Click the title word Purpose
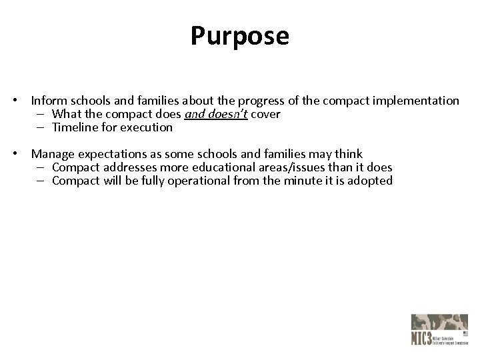tap(240, 36)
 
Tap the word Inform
tap(48, 101)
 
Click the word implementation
tap(416, 101)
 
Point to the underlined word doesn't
tap(227, 114)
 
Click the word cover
tap(266, 114)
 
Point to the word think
tap(347, 154)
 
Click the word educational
tap(219, 167)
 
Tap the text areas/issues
tap(291, 167)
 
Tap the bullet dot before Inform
tap(23, 101)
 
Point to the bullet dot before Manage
tap(23, 155)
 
